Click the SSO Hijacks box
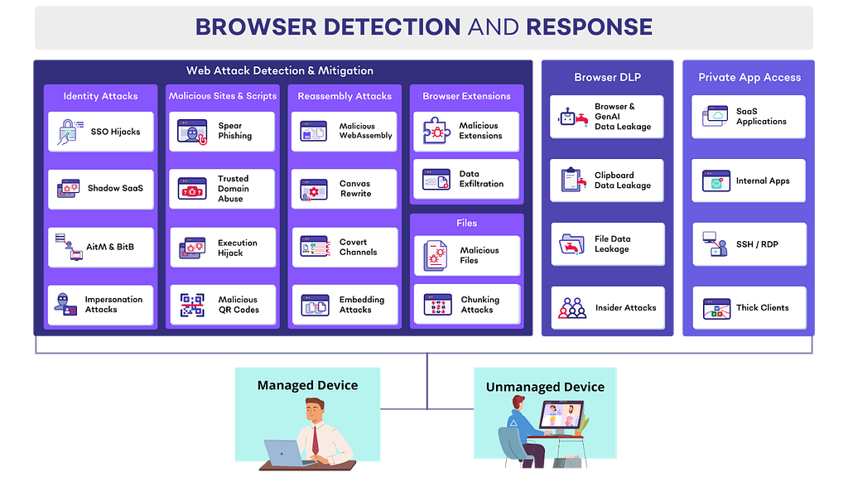(x=101, y=132)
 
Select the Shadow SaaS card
(x=101, y=189)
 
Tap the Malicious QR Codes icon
(x=192, y=306)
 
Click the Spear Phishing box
(x=222, y=132)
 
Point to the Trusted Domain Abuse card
(x=222, y=189)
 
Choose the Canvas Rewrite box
(x=344, y=189)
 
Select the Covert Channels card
(x=344, y=248)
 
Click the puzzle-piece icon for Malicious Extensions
(x=436, y=132)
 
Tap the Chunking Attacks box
(x=466, y=305)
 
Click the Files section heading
(x=466, y=224)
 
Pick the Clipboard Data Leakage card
(x=607, y=181)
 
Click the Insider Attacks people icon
(x=572, y=308)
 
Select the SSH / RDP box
(x=749, y=245)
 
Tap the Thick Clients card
(x=749, y=308)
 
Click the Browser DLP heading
(x=607, y=78)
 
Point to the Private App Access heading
(x=749, y=78)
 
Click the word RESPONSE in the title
(x=589, y=27)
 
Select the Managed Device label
(x=307, y=385)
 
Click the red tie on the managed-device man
(x=315, y=440)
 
